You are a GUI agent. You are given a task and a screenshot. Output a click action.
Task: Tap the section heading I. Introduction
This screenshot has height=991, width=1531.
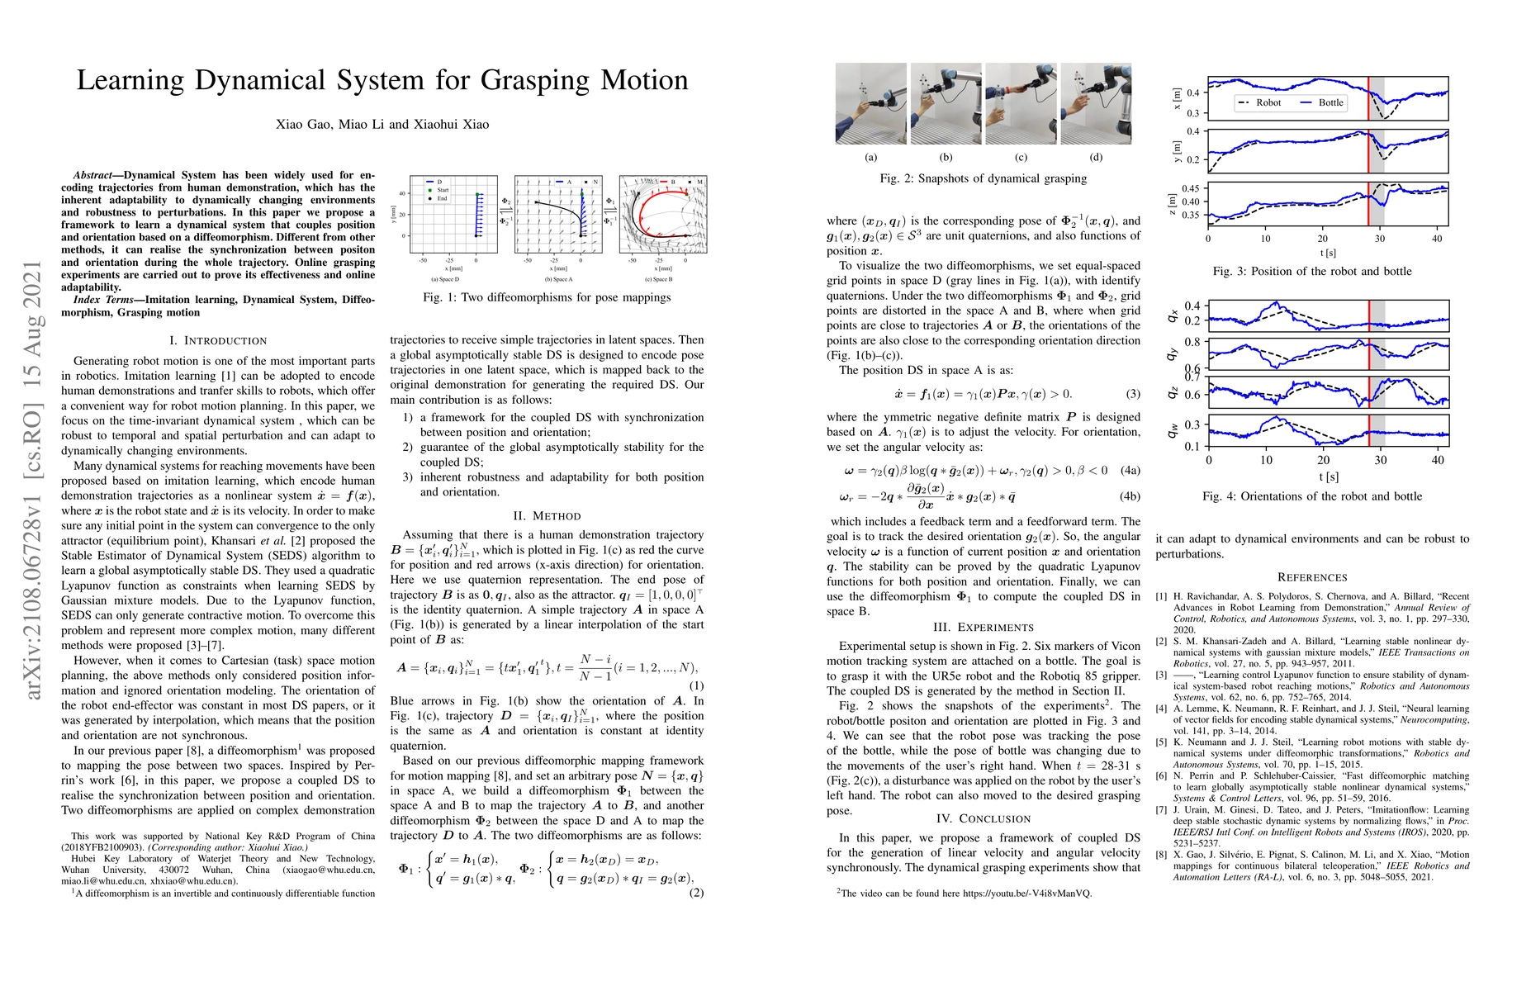[x=218, y=340]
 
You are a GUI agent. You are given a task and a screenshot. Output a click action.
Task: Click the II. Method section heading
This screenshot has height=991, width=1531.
[x=547, y=515]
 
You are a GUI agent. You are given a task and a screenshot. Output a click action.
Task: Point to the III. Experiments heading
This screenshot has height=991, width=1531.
[x=983, y=627]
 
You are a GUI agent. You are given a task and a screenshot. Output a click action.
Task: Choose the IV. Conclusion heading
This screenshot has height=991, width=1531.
[x=983, y=818]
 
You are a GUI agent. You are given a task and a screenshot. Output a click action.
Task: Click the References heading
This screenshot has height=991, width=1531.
[x=1311, y=577]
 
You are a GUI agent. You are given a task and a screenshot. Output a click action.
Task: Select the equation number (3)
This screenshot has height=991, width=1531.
[x=1133, y=394]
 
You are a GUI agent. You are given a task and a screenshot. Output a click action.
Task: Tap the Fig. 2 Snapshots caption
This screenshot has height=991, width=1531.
[x=983, y=178]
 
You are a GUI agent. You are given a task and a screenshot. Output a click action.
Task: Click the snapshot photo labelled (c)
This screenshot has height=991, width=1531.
[x=1021, y=104]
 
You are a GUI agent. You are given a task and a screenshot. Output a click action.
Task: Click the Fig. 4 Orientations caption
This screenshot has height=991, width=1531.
[x=1311, y=496]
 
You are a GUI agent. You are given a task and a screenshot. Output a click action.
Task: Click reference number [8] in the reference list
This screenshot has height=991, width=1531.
[x=1162, y=855]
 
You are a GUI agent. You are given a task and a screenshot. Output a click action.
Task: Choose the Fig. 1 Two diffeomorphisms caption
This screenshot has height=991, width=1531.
[x=547, y=296]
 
